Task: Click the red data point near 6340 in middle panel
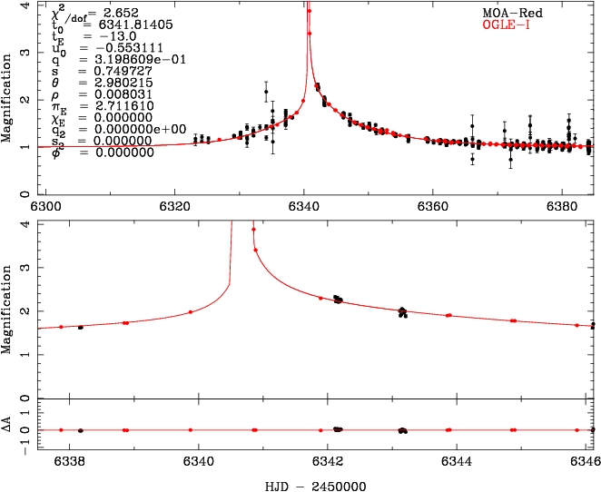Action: [191, 312]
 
